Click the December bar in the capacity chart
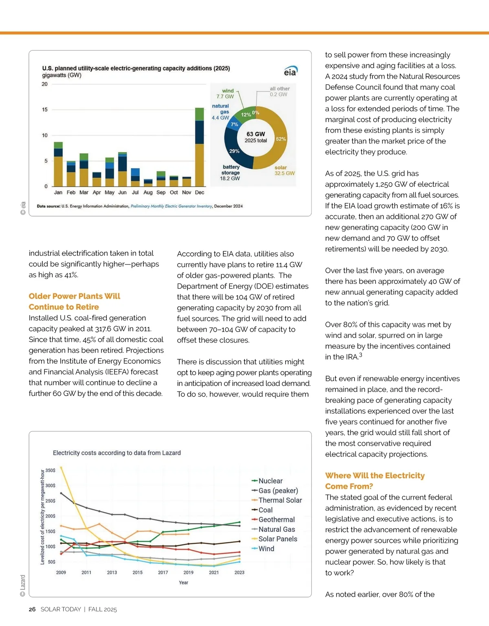[x=199, y=147]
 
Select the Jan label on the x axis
[x=58, y=192]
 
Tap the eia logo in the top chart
[x=291, y=72]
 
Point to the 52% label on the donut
[x=281, y=139]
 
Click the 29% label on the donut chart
[x=234, y=151]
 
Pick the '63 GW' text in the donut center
[x=256, y=134]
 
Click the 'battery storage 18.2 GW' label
[x=230, y=173]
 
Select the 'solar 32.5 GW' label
[x=284, y=170]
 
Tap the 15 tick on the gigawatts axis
[x=45, y=110]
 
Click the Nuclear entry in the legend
[x=270, y=481]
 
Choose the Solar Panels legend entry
[x=278, y=539]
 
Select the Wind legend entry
[x=266, y=549]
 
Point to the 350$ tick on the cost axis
[x=50, y=470]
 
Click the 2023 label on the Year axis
[x=239, y=573]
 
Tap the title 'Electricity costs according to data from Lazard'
[x=117, y=453]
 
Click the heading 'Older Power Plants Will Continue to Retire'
[x=75, y=301]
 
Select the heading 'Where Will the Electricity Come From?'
[x=374, y=481]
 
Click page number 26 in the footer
[x=32, y=609]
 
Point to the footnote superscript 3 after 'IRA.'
[x=361, y=355]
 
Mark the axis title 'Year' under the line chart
[x=183, y=582]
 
